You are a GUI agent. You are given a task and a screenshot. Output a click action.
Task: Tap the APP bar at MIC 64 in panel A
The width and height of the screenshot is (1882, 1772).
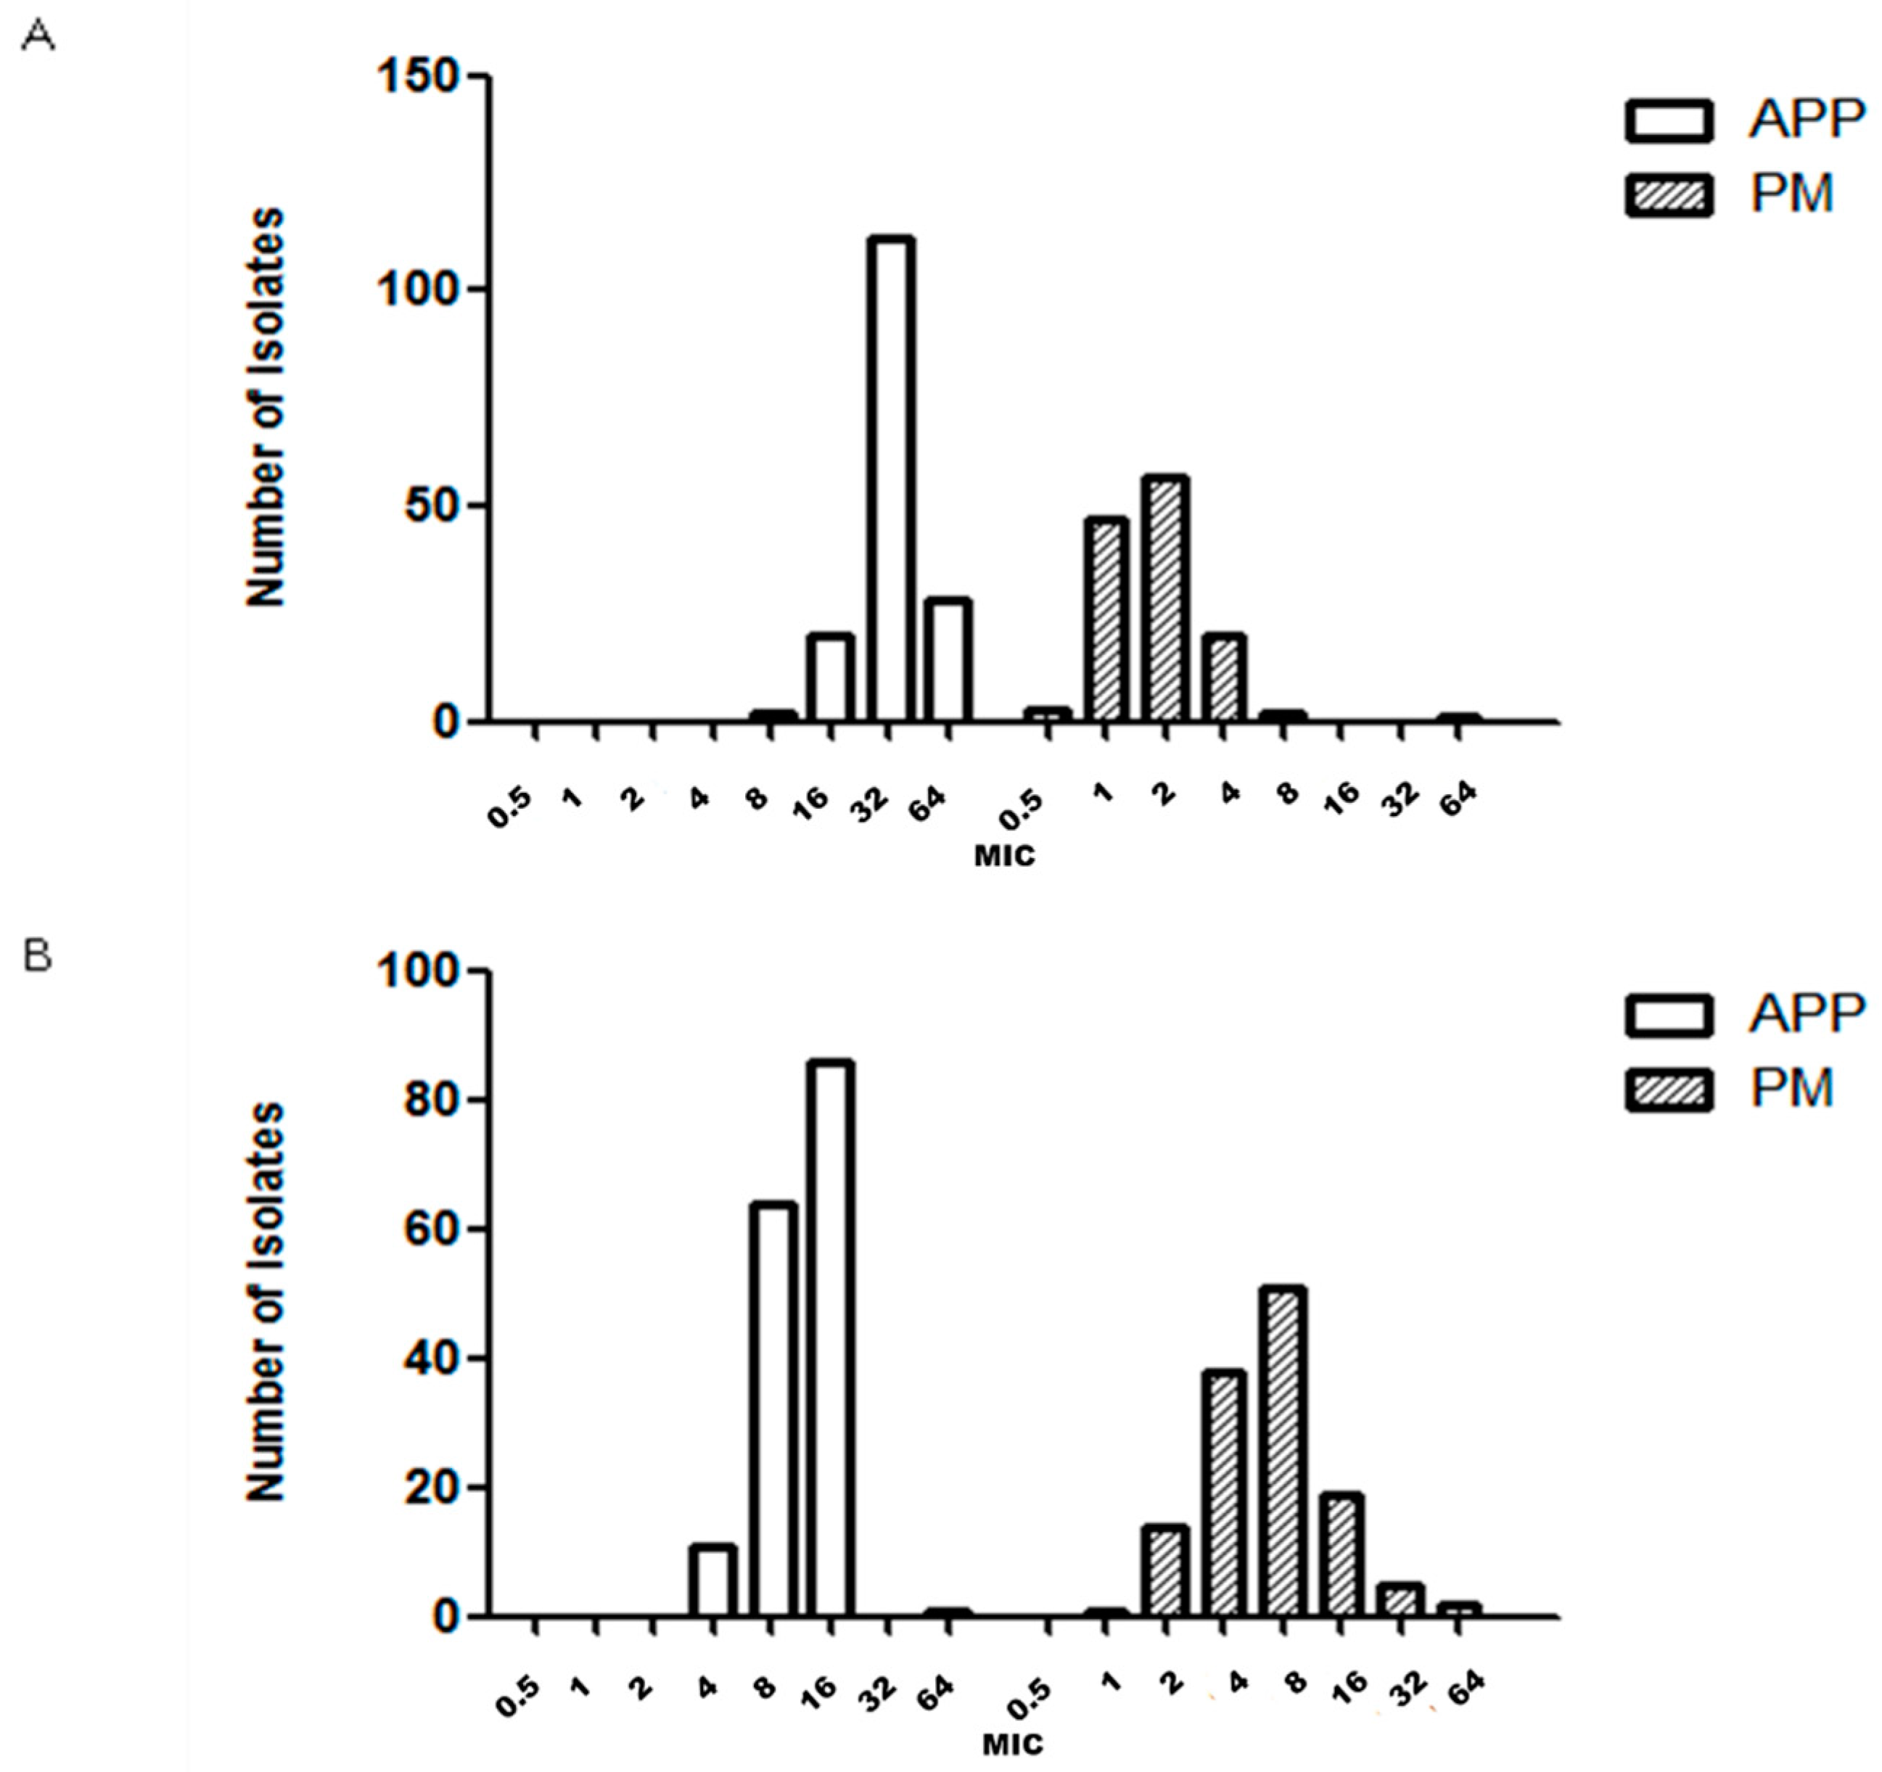pos(948,660)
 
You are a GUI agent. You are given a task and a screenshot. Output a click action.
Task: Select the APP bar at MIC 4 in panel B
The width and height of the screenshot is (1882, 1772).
pos(713,1580)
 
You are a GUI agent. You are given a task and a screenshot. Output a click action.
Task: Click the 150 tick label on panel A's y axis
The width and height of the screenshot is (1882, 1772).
pos(416,75)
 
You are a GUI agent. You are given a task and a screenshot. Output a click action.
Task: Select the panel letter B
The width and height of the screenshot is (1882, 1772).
pos(38,956)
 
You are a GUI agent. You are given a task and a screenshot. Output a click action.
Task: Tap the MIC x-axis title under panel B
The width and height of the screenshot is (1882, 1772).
pos(1012,1744)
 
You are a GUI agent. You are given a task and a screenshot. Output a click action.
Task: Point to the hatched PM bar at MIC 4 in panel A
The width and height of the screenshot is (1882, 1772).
pos(1224,679)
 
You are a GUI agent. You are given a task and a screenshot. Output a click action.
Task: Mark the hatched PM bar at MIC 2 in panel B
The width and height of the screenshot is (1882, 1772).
pos(1164,1570)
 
